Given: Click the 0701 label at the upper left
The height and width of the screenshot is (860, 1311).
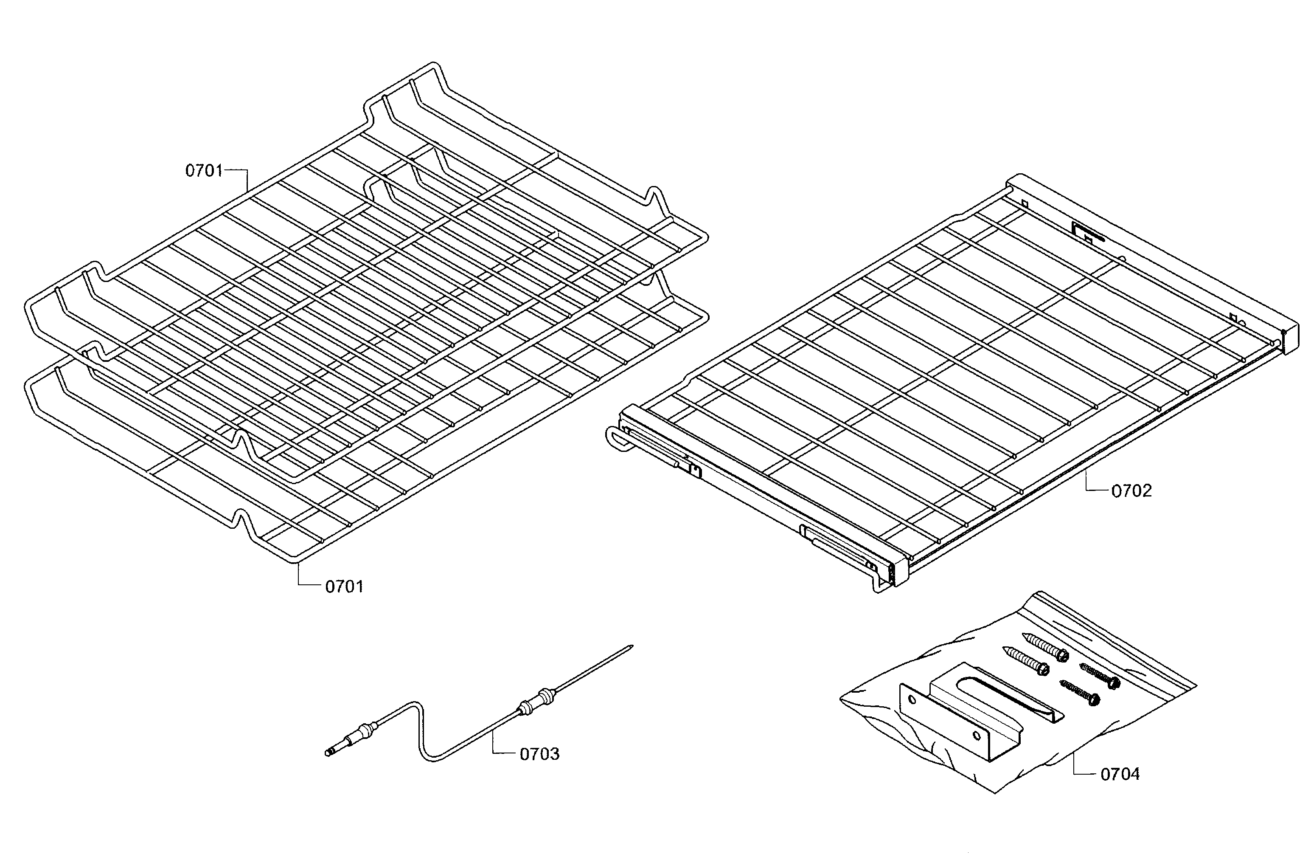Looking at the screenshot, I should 204,171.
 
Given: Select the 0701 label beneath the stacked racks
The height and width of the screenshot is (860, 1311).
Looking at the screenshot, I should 344,586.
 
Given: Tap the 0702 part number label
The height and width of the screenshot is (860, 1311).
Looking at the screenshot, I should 1131,491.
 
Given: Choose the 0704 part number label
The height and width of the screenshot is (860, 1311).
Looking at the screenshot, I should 1120,775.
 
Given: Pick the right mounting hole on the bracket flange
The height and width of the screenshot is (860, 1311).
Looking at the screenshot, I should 977,736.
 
